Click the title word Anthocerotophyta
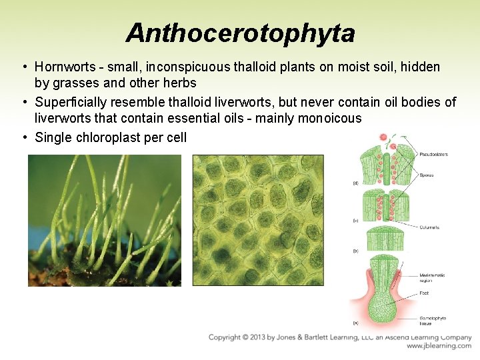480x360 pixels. (240, 31)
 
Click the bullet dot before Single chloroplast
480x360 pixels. (24, 137)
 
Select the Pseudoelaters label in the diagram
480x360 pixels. (433, 154)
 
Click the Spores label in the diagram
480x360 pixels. (427, 175)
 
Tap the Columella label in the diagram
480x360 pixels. (429, 227)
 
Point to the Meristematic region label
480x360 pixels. (433, 277)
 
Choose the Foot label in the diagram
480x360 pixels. (424, 293)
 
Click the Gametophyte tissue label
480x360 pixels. (433, 320)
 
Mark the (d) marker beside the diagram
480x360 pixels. (355, 183)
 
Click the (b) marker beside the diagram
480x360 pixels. (355, 251)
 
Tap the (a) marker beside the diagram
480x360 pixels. (355, 323)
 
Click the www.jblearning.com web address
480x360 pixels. (439, 346)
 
